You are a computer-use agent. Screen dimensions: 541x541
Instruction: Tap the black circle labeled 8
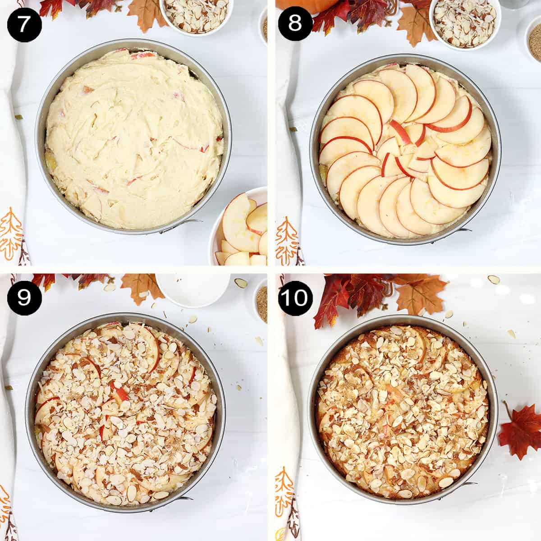(x=295, y=24)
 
